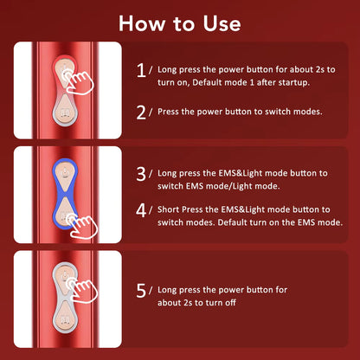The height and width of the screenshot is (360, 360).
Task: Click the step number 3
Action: point(141,174)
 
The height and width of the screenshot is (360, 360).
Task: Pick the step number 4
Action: point(141,209)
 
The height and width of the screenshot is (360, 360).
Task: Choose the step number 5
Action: point(141,291)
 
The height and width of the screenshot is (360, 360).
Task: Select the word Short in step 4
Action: point(172,209)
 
